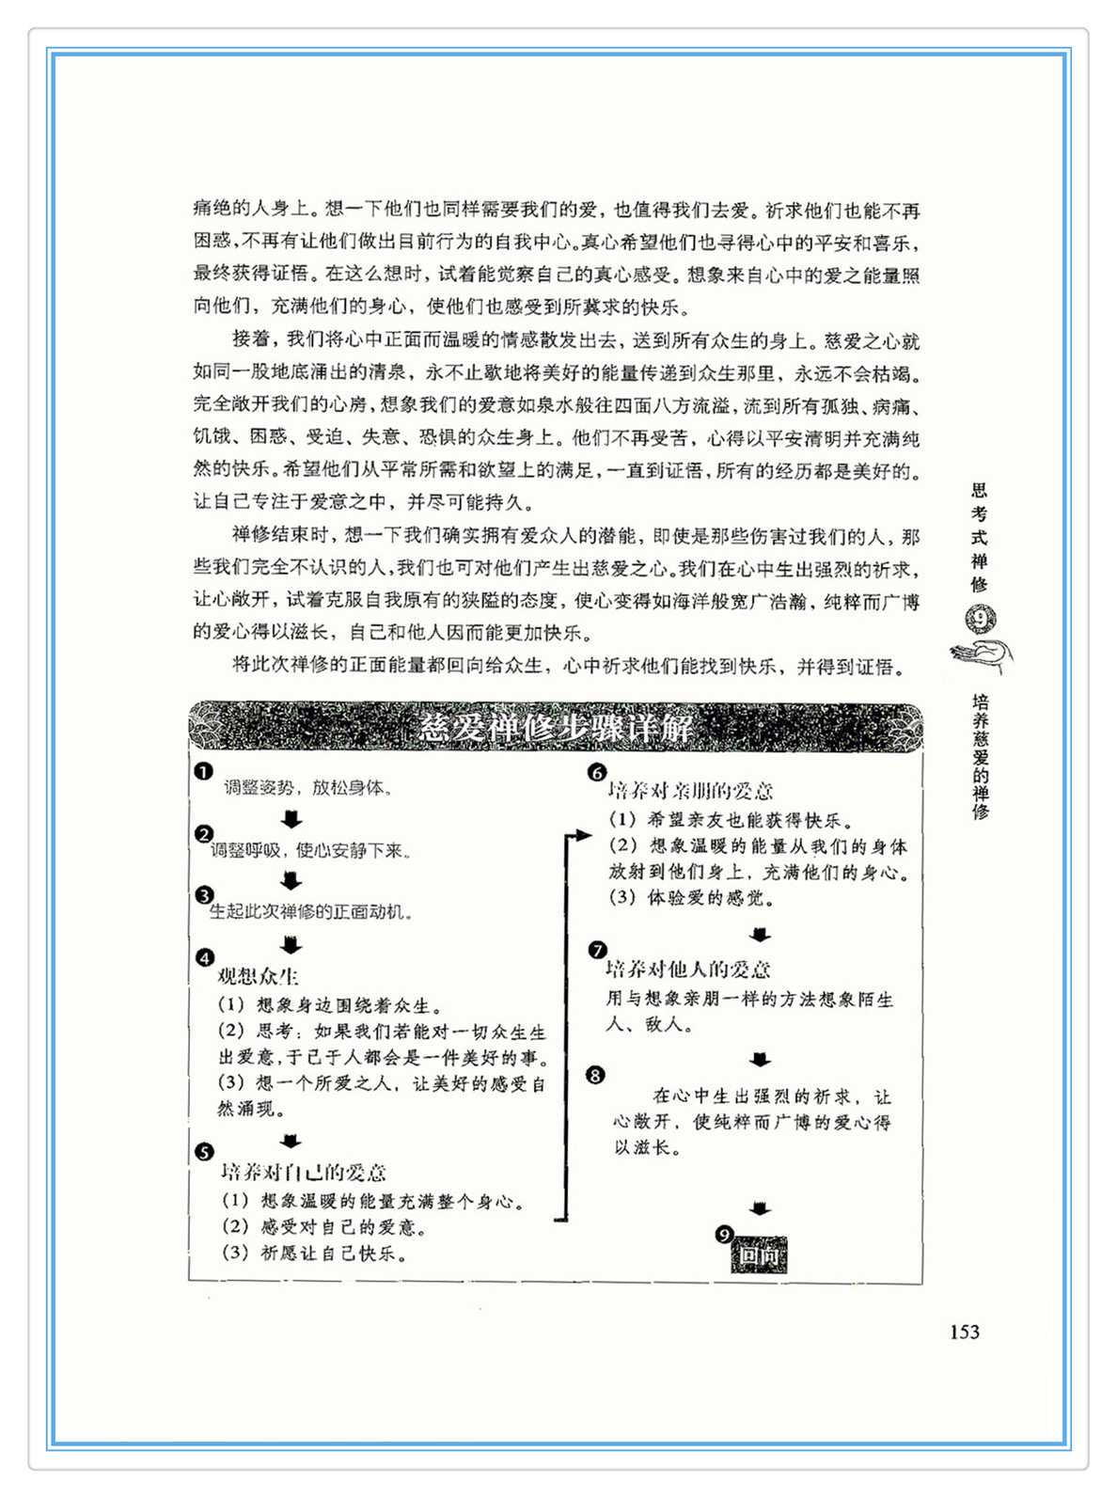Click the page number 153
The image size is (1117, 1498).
[x=964, y=1332]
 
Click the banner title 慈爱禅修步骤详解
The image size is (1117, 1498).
[x=556, y=727]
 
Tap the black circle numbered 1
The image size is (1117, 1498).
[x=203, y=772]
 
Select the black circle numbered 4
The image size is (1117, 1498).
[x=205, y=958]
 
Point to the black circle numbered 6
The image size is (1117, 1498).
[x=597, y=773]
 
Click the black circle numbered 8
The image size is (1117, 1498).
[x=595, y=1075]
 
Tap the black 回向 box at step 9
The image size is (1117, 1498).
[x=760, y=1256]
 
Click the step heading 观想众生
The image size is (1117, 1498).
[x=258, y=977]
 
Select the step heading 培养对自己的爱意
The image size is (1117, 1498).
[x=304, y=1173]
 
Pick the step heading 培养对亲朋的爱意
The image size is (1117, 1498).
[x=690, y=791]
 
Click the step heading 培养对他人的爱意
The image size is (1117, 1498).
[x=688, y=970]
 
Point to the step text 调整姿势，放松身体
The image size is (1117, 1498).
[x=308, y=788]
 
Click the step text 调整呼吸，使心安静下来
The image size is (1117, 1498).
[x=311, y=851]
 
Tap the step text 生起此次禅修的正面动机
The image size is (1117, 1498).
[x=311, y=911]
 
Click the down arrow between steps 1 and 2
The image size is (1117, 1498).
[x=291, y=819]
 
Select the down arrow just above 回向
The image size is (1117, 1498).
[x=760, y=1208]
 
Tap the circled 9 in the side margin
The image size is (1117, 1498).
[x=981, y=620]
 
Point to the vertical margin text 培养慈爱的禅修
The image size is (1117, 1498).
[x=981, y=757]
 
